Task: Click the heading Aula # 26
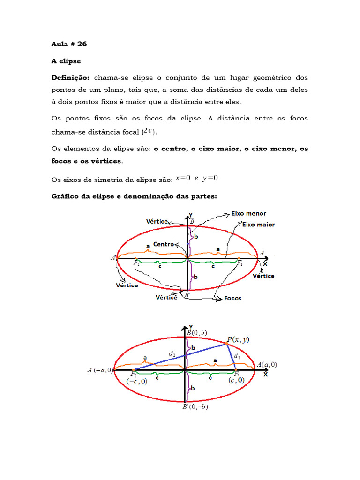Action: (69, 44)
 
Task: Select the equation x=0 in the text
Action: (183, 178)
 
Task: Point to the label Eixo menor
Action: (248, 213)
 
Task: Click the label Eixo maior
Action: (258, 225)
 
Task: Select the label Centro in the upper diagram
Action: (163, 244)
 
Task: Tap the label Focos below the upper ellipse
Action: (232, 298)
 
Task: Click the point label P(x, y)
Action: (238, 340)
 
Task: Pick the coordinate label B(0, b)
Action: (197, 333)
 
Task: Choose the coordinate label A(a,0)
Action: (267, 364)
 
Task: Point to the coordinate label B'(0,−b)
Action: (195, 407)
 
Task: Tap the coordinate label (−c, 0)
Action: (137, 381)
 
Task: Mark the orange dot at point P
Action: (226, 344)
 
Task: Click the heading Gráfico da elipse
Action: (134, 196)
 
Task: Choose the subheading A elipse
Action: (66, 61)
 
